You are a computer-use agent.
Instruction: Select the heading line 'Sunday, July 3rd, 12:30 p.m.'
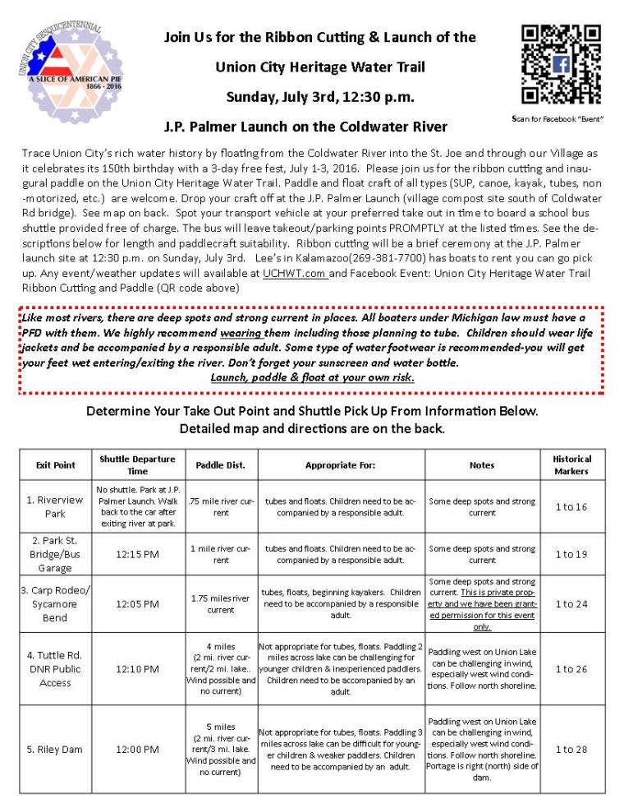[319, 97]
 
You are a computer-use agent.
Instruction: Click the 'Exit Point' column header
[55, 464]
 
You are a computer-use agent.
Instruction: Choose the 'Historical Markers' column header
[571, 464]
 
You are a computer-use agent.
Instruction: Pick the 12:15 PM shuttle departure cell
[138, 554]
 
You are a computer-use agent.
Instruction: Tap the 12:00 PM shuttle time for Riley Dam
[138, 750]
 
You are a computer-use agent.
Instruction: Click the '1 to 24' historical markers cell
[571, 604]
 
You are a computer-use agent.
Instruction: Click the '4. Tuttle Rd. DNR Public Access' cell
[55, 669]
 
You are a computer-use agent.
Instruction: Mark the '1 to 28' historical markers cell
[571, 750]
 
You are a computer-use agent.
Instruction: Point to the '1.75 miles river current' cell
[221, 604]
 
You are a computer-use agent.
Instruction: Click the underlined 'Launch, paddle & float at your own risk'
[312, 377]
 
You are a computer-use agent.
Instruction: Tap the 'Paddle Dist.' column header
[221, 464]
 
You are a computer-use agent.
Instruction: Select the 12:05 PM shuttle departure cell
[138, 604]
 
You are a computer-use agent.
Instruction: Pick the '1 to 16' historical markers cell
[571, 507]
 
